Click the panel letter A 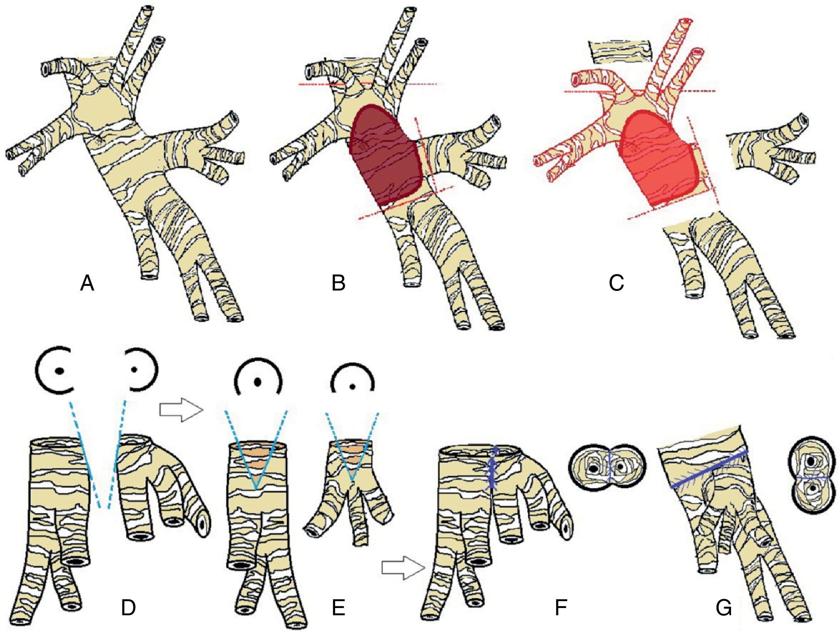[x=87, y=283]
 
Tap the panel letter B [x=338, y=283]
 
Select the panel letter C [x=616, y=283]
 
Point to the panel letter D [x=128, y=608]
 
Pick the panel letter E [x=338, y=608]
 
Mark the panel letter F [x=561, y=608]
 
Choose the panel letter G [x=723, y=608]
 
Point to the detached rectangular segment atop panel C [x=620, y=52]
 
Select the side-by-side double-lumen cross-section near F [x=607, y=467]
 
